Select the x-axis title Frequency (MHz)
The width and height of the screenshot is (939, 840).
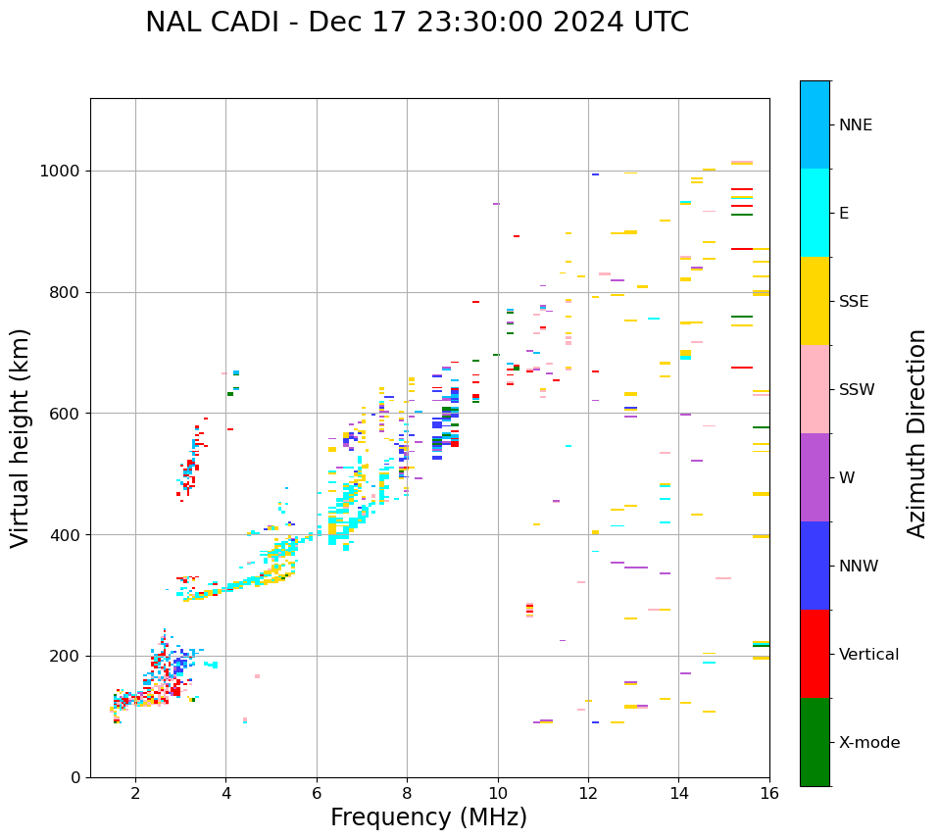(428, 817)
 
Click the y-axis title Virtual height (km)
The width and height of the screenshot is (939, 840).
(21, 437)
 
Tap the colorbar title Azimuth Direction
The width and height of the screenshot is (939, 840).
(916, 432)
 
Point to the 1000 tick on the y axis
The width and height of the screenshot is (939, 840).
(65, 171)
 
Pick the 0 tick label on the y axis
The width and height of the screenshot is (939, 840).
(76, 777)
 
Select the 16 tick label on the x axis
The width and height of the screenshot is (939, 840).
(769, 793)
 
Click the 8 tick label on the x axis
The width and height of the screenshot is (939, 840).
(407, 793)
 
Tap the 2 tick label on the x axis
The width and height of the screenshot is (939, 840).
(135, 793)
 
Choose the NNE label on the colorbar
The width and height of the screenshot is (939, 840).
(855, 125)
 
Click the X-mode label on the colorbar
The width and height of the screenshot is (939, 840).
(869, 743)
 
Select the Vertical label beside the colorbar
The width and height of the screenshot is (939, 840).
(870, 655)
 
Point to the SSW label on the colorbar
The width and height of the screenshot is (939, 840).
(857, 390)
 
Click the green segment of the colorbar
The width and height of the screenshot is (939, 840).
(815, 742)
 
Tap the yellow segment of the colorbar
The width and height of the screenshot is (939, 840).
(815, 301)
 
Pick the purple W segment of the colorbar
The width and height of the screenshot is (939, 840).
(815, 477)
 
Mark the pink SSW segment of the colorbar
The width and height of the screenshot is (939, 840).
(815, 389)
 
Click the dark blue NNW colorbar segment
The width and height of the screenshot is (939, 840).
(815, 566)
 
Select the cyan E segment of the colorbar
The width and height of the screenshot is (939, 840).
(815, 213)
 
